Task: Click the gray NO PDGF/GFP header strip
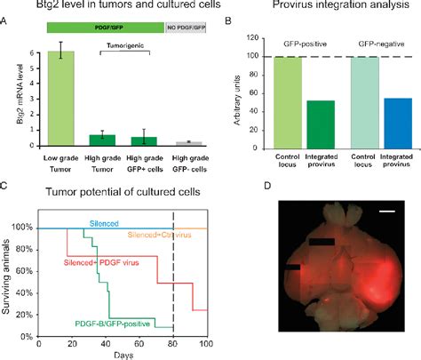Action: [x=186, y=28]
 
